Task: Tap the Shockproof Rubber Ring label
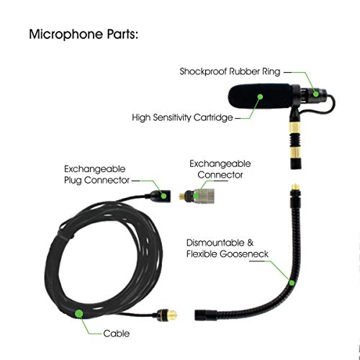click(x=230, y=71)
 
